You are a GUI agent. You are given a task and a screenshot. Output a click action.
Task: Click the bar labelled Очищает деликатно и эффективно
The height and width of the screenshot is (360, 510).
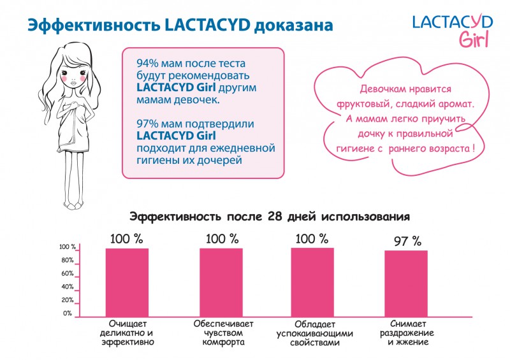(127, 282)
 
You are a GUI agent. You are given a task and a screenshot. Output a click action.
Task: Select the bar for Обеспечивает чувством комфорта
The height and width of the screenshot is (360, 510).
(221, 282)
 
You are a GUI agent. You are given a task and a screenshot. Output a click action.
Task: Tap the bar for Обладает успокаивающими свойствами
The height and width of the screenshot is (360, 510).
(312, 282)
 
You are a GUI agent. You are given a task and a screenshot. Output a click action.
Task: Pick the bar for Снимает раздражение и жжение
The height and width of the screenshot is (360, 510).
(405, 283)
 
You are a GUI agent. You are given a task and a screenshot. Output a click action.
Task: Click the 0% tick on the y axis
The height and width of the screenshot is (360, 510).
(68, 313)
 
